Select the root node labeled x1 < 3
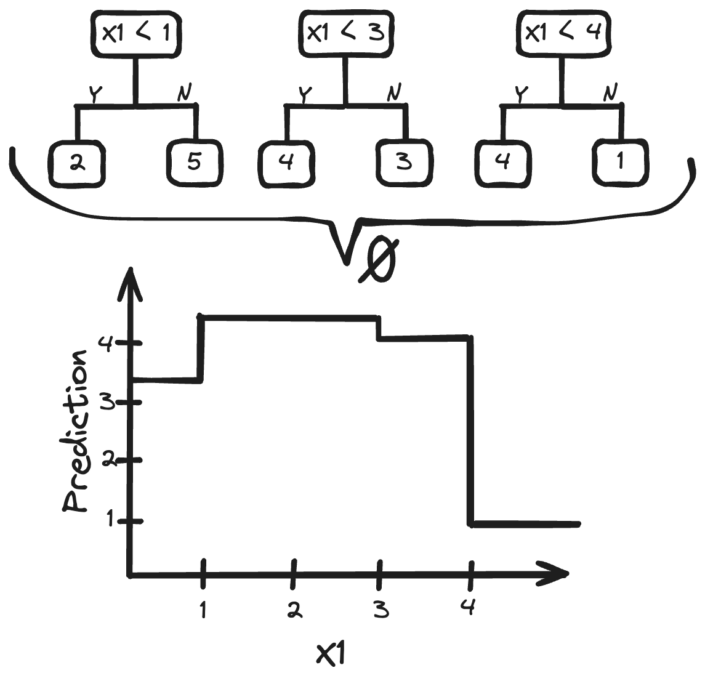346,33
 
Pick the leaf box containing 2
76,163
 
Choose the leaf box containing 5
193,163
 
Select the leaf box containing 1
620,162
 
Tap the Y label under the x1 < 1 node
95,94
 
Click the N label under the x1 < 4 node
610,92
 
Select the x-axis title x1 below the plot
331,655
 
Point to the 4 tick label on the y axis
105,343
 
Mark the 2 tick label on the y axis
108,460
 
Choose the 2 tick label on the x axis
294,610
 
